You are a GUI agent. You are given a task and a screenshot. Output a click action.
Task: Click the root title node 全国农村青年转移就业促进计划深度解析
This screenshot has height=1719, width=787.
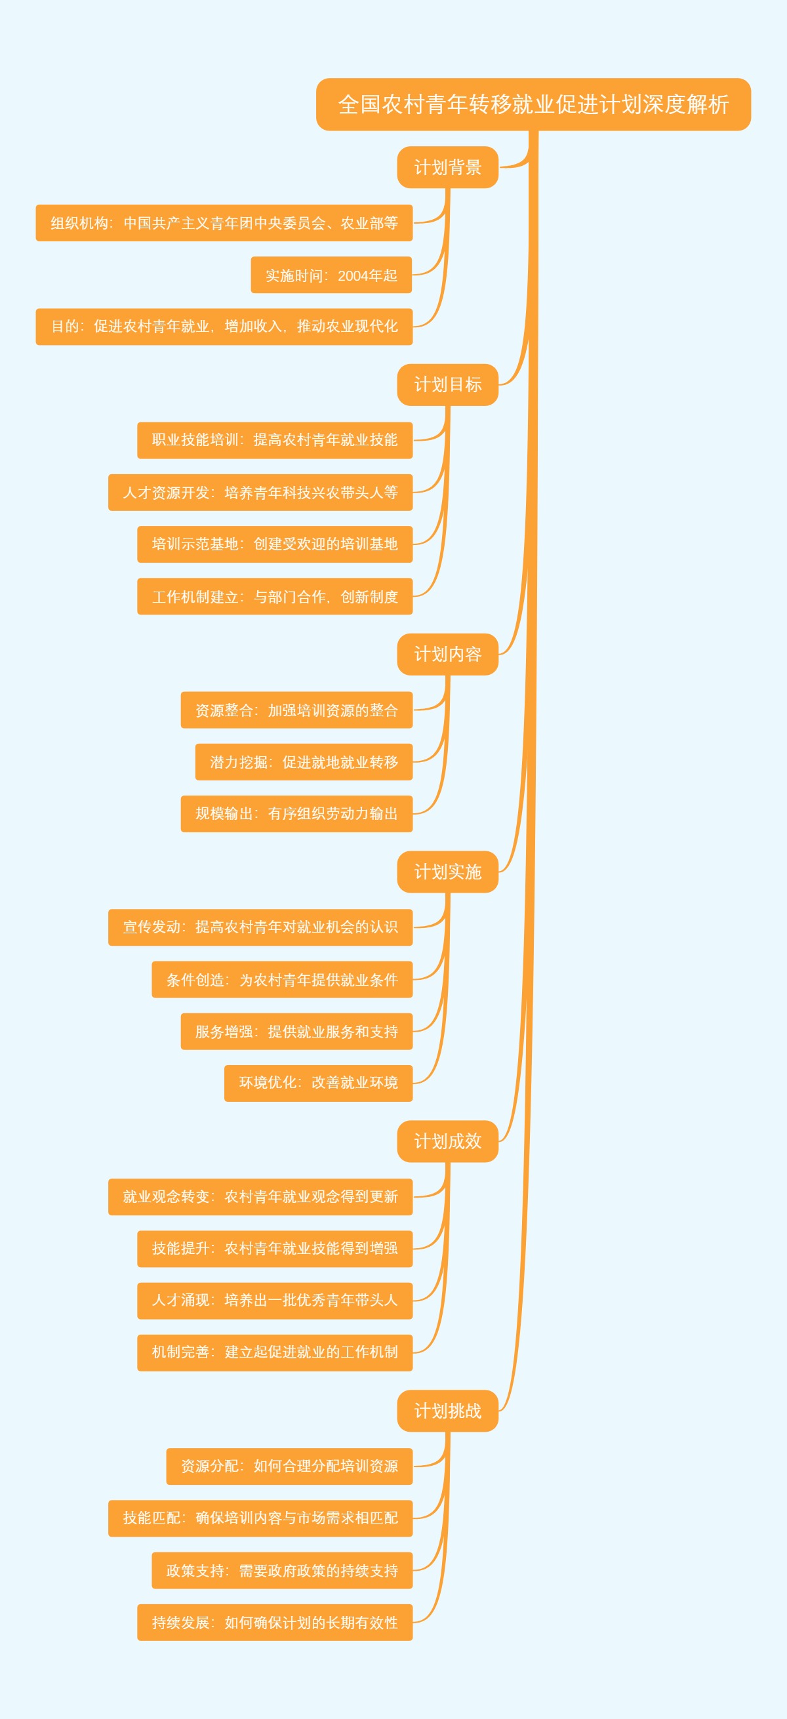tap(533, 105)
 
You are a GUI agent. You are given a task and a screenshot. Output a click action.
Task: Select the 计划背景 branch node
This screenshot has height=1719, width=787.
tap(447, 167)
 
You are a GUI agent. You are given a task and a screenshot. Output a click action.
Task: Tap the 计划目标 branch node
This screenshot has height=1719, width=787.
tap(447, 384)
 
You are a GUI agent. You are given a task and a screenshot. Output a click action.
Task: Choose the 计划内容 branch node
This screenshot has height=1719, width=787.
tap(447, 654)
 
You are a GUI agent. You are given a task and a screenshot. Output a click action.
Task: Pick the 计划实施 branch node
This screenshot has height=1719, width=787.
tap(447, 872)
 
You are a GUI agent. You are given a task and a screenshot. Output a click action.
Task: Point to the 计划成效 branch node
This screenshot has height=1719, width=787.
tap(447, 1141)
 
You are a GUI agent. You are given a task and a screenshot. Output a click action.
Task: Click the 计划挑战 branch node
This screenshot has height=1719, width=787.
tap(447, 1411)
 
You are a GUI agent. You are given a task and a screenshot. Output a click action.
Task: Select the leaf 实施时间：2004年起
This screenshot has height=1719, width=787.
tap(331, 275)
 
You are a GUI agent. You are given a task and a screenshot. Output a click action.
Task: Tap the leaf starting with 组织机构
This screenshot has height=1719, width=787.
tap(224, 223)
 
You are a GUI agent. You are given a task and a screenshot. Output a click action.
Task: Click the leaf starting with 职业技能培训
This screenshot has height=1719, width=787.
tap(274, 440)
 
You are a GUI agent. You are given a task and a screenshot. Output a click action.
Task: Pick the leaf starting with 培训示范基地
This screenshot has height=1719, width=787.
tap(274, 544)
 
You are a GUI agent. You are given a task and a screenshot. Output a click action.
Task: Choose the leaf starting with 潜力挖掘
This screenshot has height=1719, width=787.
tap(304, 761)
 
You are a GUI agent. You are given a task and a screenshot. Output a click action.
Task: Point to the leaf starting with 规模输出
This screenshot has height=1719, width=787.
tap(296, 813)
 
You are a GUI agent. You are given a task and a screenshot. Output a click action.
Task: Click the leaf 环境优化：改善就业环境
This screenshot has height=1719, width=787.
tap(318, 1082)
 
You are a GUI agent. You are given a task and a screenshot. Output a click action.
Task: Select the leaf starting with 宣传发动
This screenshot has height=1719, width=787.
tap(260, 927)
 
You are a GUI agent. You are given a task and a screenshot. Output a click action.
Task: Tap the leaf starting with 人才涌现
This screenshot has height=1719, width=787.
tap(274, 1300)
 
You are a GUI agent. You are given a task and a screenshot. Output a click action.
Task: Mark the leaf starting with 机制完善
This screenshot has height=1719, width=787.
tap(274, 1352)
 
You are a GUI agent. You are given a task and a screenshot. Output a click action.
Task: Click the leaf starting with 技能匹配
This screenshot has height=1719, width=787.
tap(260, 1518)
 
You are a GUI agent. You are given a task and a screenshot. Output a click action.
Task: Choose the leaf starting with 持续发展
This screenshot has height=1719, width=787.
tap(274, 1622)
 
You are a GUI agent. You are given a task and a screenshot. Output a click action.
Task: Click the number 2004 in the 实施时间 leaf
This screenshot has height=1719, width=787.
tap(353, 275)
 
